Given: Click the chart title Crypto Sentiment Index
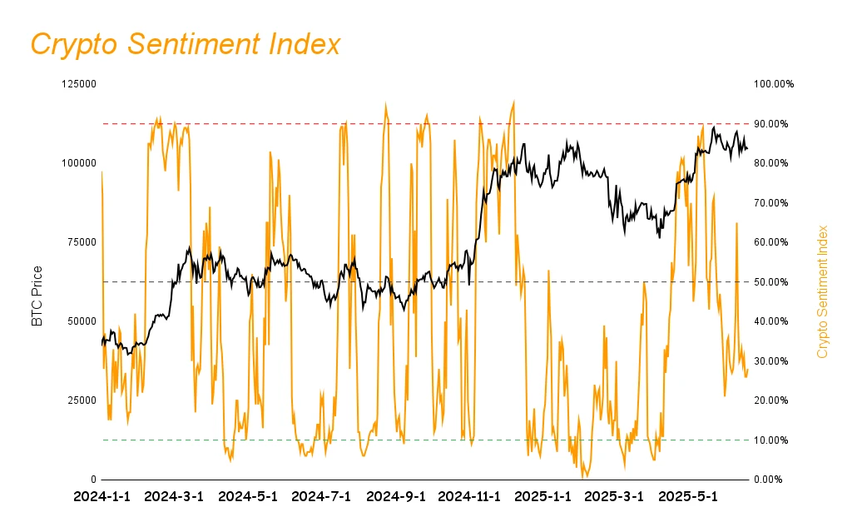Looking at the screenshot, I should tap(186, 44).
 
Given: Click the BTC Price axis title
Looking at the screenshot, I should tap(37, 296).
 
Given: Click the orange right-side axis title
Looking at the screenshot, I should tap(823, 291).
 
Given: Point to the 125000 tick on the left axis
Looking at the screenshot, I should tap(79, 84).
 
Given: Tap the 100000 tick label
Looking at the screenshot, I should tap(79, 163).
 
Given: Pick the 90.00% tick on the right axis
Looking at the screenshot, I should tap(774, 124).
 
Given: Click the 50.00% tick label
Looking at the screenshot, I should tap(774, 282).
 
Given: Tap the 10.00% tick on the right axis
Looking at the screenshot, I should tap(774, 440).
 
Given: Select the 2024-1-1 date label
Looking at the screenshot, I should tap(102, 497).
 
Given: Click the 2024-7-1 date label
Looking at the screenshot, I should tap(322, 497).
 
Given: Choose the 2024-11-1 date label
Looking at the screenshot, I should tap(469, 497).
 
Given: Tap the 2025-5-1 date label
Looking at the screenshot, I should tap(687, 497).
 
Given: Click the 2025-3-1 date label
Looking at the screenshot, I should tap(615, 497).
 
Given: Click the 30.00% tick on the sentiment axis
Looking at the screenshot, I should tap(774, 361).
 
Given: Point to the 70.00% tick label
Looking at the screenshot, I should tap(774, 203).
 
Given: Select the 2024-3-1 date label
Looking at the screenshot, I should tap(174, 497).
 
